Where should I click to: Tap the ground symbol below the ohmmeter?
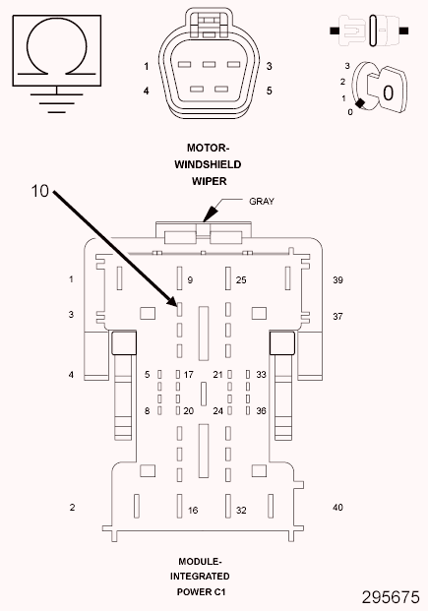click(57, 99)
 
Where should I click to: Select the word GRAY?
click(262, 201)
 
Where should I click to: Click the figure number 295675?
click(391, 597)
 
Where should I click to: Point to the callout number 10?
click(39, 191)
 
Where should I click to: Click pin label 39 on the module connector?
click(337, 279)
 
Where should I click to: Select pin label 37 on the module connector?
click(337, 316)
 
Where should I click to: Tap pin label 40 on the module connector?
click(337, 507)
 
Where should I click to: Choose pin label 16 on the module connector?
click(193, 510)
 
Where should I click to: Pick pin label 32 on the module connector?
click(241, 510)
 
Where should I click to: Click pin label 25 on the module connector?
click(241, 279)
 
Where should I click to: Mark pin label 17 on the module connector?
click(189, 375)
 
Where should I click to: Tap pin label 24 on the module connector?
click(217, 410)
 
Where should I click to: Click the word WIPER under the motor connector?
click(209, 181)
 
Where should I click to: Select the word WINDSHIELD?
click(208, 164)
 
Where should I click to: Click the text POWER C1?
click(201, 592)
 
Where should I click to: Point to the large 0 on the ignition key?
click(388, 93)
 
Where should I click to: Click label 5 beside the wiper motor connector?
click(269, 91)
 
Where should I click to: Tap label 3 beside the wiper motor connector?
click(269, 66)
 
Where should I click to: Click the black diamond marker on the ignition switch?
click(360, 103)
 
